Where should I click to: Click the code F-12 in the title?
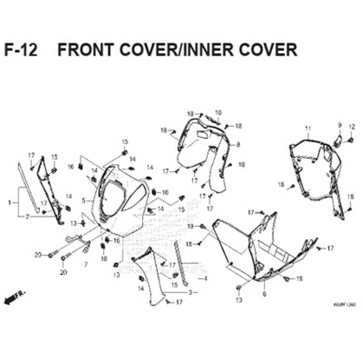point(21,50)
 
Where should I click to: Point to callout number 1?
point(9,203)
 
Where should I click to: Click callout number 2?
point(27,217)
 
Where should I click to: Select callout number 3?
point(190,293)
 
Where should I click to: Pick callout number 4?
point(206,279)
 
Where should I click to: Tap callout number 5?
point(84,200)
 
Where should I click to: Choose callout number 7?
point(85,265)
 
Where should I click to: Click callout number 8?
point(238,145)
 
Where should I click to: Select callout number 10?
point(218,113)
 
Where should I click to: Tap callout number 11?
point(307,128)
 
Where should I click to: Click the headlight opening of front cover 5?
point(111,198)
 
